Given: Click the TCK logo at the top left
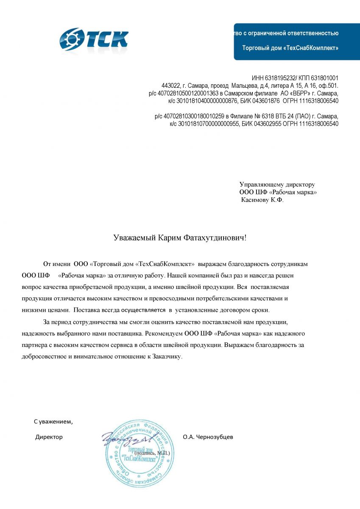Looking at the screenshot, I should click(x=94, y=39).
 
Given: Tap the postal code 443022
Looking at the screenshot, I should click(x=171, y=86).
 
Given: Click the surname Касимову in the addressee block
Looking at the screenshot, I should click(x=255, y=200).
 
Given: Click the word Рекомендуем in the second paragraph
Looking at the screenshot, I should click(x=162, y=334).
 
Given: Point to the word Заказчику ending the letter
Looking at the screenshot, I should click(x=166, y=357).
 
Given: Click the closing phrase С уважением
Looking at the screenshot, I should click(x=53, y=422).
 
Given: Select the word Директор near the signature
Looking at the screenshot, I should click(x=49, y=437).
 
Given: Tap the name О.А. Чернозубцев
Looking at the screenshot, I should click(x=208, y=437).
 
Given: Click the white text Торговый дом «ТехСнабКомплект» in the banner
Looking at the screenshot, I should click(x=290, y=48).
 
